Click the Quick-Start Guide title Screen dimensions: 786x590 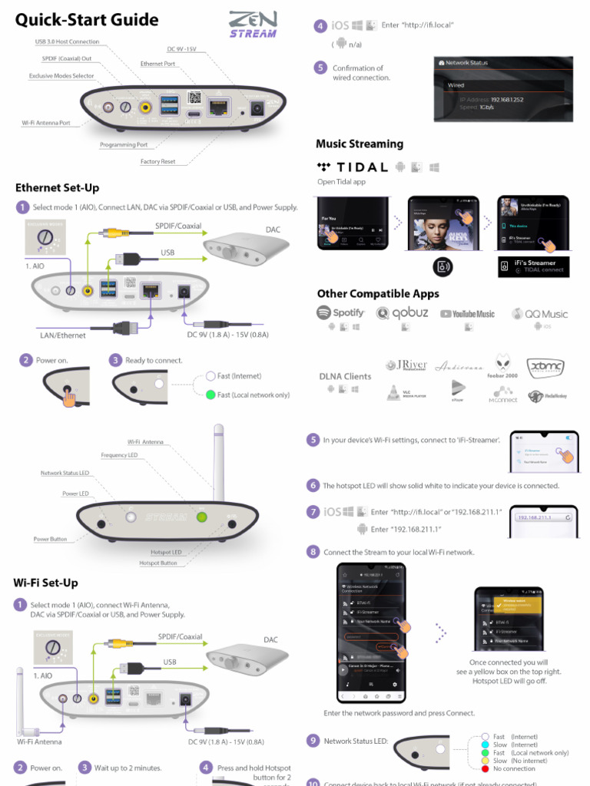[87, 20]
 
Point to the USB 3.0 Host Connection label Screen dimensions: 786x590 [67, 41]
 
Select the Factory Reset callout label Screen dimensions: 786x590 [157, 162]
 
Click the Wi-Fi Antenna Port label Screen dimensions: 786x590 [51, 123]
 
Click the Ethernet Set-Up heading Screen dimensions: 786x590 [57, 188]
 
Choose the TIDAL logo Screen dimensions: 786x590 [353, 167]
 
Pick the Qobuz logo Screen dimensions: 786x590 [403, 313]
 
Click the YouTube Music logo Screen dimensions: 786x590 [467, 314]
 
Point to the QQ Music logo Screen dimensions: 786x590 [539, 314]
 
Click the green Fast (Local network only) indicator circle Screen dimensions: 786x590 [210, 395]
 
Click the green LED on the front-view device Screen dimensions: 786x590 [202, 517]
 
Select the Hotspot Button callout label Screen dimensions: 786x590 [157, 563]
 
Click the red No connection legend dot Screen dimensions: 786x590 [485, 768]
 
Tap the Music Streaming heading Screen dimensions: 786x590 [359, 144]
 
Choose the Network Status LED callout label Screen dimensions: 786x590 [65, 474]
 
